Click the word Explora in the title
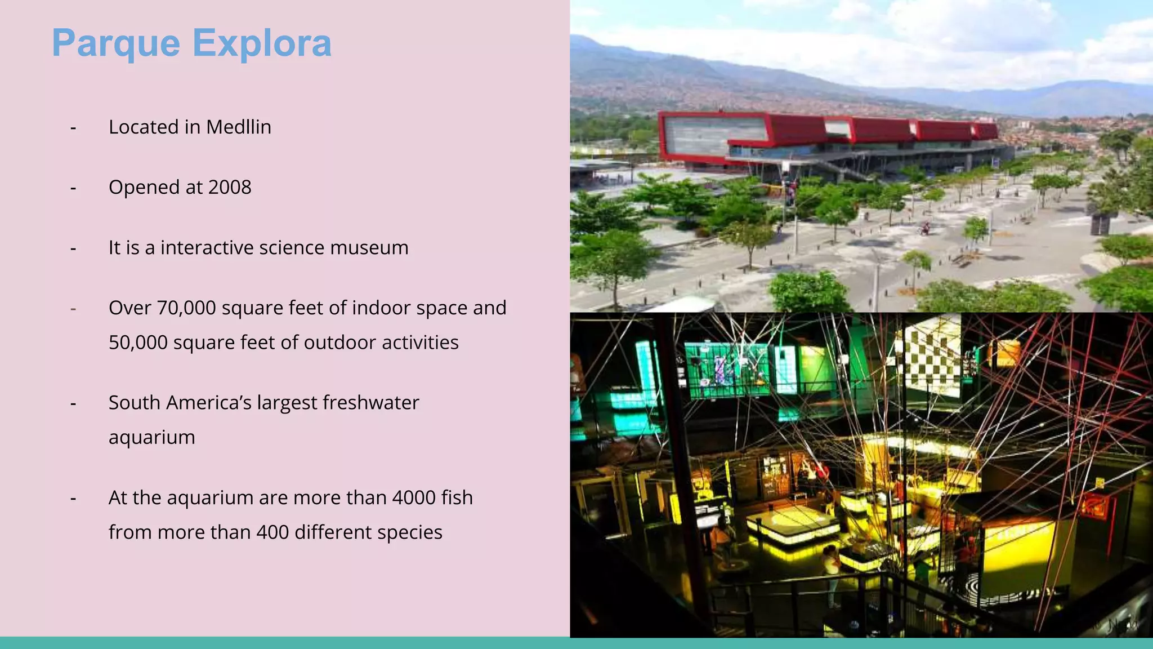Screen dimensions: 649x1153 262,43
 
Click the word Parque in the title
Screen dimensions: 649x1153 116,43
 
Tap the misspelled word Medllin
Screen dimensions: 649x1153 239,127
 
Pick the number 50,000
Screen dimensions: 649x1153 138,343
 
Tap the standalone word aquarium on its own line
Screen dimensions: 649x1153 152,438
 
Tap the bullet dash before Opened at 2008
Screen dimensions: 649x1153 73,188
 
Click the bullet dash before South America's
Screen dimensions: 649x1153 73,403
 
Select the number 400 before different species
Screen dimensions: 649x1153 272,532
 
